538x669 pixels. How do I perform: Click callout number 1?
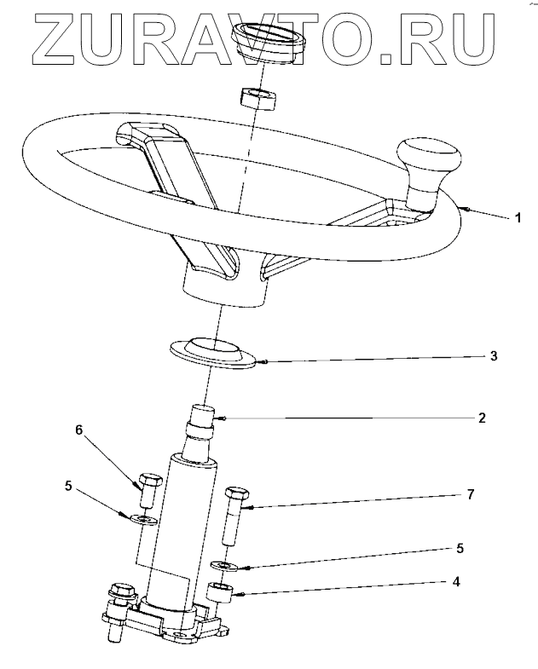518,218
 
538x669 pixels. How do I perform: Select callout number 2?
482,418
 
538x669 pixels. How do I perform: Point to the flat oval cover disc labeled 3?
212,352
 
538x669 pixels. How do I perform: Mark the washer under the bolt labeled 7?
225,566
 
